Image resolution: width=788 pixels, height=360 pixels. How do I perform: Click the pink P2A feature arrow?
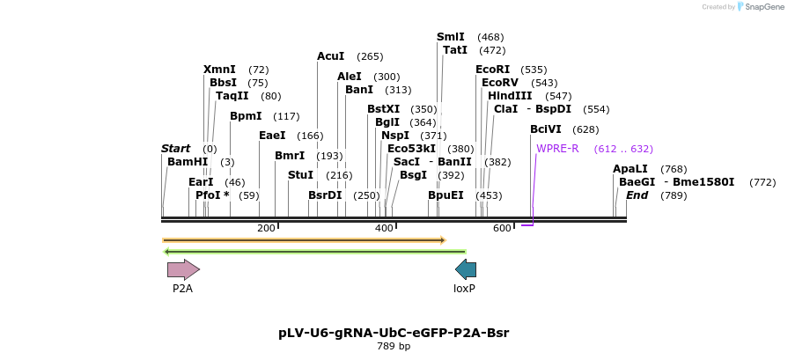[x=183, y=269]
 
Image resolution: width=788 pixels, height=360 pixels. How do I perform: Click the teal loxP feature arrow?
[x=465, y=269]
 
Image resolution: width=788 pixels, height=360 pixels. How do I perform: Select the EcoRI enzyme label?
[x=492, y=70]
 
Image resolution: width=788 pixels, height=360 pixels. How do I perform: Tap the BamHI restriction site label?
[x=188, y=162]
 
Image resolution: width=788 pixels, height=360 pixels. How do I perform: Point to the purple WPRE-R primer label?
[x=557, y=149]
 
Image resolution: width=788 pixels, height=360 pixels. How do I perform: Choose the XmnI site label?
[x=219, y=70]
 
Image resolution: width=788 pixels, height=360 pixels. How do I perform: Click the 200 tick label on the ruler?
[x=266, y=229]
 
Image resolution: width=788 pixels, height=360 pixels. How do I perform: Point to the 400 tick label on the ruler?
[x=384, y=229]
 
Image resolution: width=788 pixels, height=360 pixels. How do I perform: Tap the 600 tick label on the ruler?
[x=502, y=229]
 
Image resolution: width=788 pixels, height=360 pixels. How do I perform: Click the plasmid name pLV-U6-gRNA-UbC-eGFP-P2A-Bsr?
[x=394, y=333]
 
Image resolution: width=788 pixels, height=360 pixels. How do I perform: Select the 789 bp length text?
[x=394, y=346]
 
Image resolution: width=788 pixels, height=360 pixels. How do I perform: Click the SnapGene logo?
[x=758, y=6]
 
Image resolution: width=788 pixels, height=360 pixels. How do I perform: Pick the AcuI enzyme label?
[x=331, y=56]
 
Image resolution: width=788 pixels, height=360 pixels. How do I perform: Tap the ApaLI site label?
[x=630, y=169]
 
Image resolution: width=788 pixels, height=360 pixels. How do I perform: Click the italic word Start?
[x=175, y=149]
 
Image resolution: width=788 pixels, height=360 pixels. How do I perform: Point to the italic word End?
[x=637, y=195]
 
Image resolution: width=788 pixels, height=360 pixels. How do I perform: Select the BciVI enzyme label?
[x=546, y=129]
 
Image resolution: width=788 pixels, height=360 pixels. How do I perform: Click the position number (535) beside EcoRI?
[x=534, y=70]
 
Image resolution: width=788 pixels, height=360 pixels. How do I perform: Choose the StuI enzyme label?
[x=300, y=175]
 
